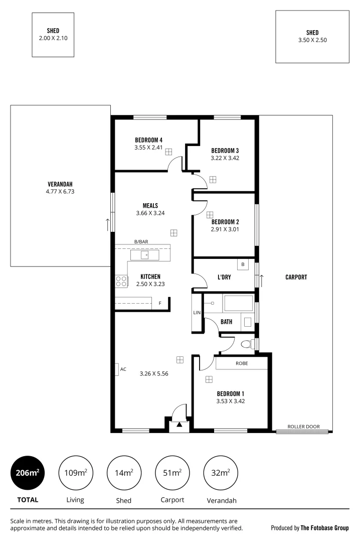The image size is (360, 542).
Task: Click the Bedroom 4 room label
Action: [x=148, y=140]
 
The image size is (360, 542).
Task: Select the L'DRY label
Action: [x=224, y=277]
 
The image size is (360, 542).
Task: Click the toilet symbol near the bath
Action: [x=247, y=344]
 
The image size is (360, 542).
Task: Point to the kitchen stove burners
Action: [x=121, y=281]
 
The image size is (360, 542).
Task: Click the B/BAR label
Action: [x=141, y=242]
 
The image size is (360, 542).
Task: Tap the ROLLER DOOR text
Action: [x=303, y=427]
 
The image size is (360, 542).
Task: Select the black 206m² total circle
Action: [x=28, y=473]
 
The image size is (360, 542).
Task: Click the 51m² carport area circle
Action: [x=172, y=473]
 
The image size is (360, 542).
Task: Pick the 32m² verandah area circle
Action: [x=221, y=473]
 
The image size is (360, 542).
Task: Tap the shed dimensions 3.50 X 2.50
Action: [x=312, y=40]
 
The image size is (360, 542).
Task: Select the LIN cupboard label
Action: [x=197, y=313]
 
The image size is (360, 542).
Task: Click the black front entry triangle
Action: [x=179, y=425]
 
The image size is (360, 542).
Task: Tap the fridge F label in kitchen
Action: [x=160, y=303]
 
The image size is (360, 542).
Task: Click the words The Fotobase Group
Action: [x=324, y=528]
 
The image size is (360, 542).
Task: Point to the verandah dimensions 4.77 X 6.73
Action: [x=60, y=191]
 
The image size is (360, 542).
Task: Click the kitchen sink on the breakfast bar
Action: [x=145, y=255]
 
